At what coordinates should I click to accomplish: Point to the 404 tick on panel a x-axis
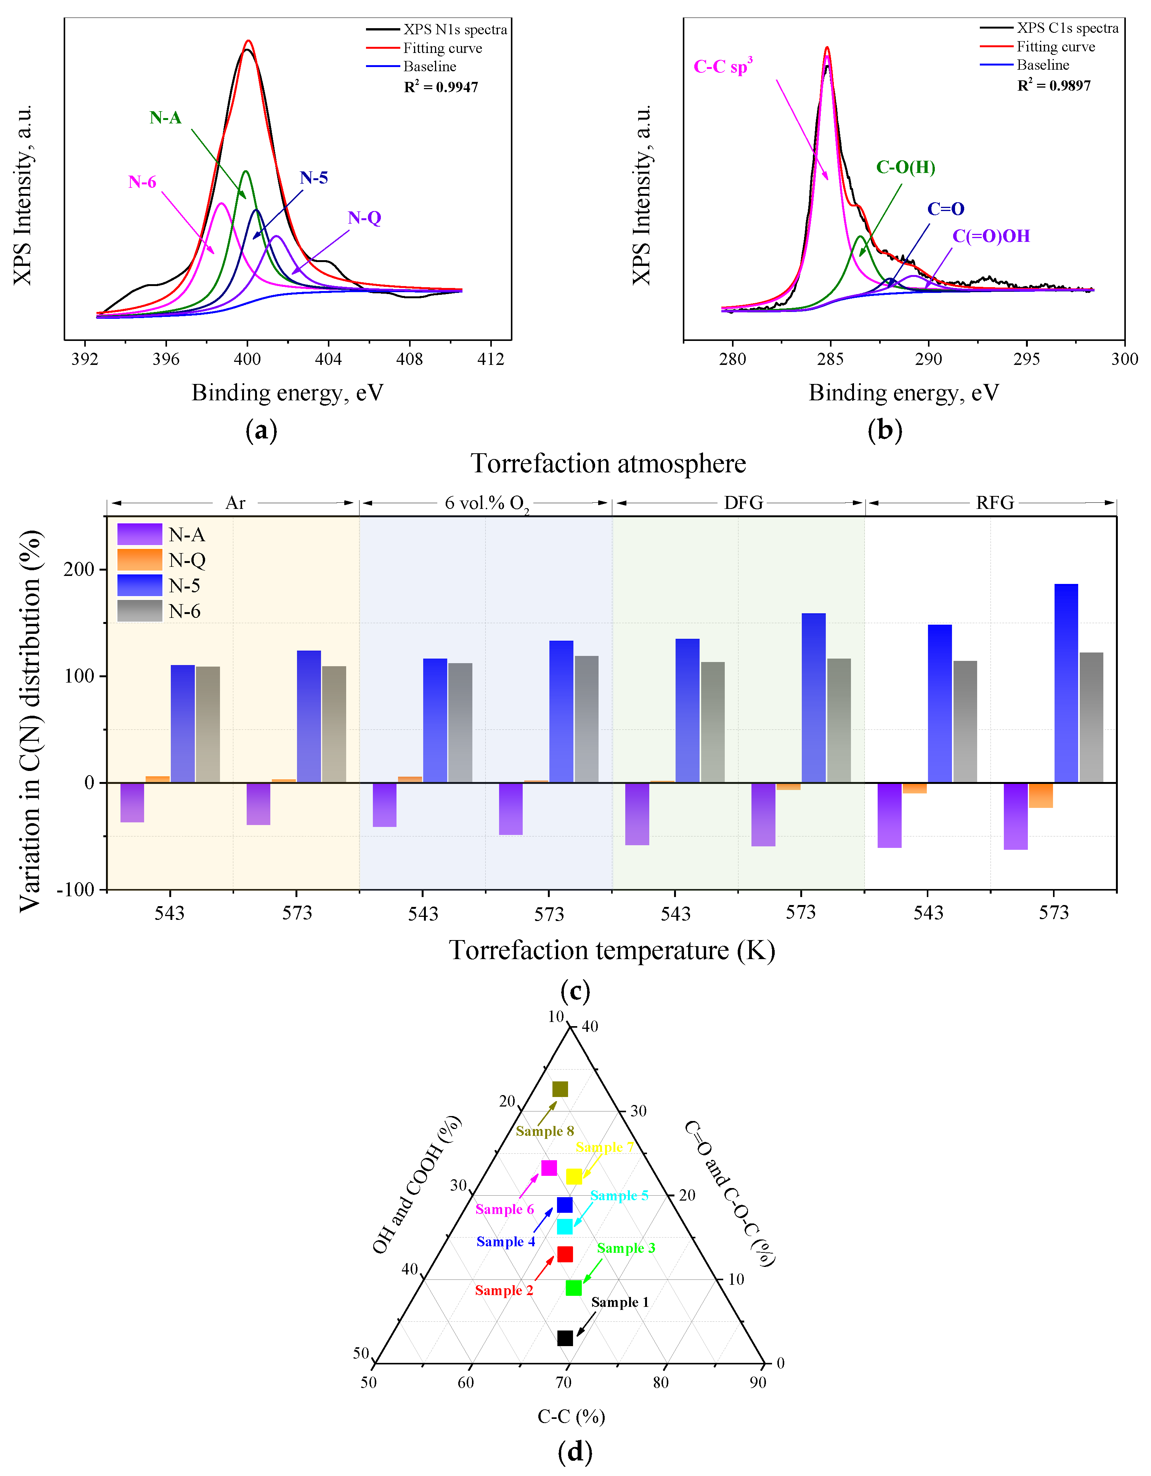click(328, 359)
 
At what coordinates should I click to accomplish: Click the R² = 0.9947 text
click(441, 87)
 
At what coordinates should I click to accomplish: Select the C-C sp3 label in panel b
click(722, 66)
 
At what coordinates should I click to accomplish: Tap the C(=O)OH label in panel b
click(991, 236)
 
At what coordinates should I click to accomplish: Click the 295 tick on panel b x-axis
click(1026, 359)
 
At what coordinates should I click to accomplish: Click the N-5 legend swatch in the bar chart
click(139, 585)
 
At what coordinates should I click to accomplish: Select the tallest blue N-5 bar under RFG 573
click(1066, 683)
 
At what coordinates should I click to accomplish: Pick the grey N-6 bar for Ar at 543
click(208, 724)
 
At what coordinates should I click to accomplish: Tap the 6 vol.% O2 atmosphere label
click(486, 503)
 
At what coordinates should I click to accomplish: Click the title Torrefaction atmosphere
click(608, 464)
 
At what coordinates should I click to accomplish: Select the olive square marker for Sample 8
click(560, 1089)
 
